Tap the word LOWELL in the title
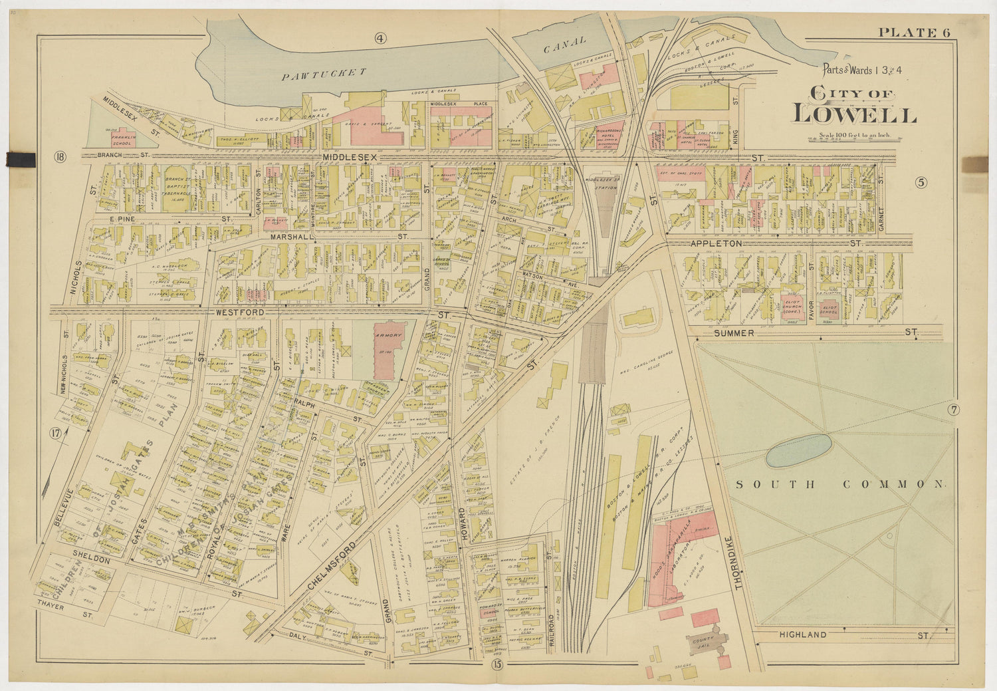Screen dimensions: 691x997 point(855,114)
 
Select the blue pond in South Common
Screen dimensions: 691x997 point(798,450)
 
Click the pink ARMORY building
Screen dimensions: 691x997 point(388,349)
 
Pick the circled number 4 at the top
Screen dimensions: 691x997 point(380,38)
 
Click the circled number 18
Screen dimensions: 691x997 point(61,158)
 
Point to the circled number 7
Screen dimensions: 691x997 point(953,410)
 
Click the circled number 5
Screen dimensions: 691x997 point(921,183)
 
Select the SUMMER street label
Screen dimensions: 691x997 point(734,333)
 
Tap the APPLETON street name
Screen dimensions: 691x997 point(716,244)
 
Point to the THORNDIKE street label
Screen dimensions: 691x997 point(738,562)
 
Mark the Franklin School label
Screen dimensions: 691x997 point(122,140)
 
